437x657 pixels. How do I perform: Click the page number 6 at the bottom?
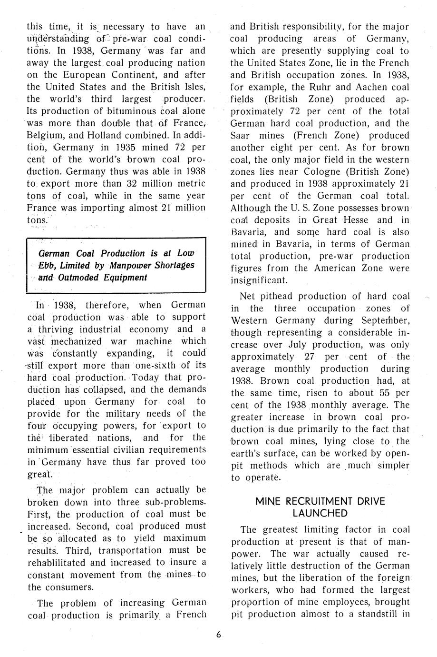point(218,634)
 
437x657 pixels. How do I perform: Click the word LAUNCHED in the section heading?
point(320,513)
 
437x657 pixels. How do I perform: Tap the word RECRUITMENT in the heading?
point(321,501)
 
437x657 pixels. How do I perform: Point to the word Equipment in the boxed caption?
point(126,278)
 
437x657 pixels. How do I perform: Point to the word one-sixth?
point(155,366)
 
